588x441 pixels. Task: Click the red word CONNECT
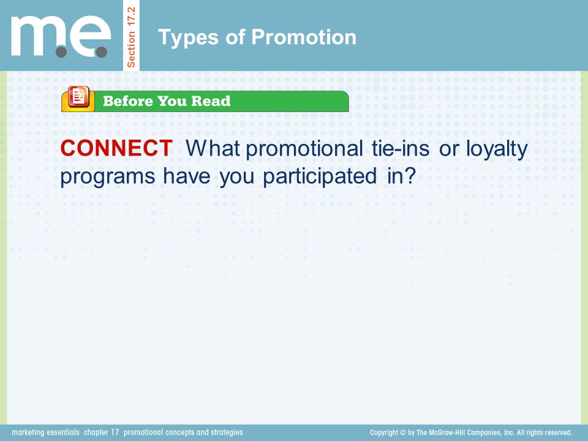coord(116,148)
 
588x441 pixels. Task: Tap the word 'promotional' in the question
coord(304,148)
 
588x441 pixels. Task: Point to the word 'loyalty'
coord(497,149)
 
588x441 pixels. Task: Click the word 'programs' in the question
coord(108,177)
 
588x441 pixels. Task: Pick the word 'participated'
coord(320,176)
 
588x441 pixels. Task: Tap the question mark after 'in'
coord(411,176)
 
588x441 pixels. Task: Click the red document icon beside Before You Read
coord(78,97)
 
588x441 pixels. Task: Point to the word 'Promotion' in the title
coord(304,37)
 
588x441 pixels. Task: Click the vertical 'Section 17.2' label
coord(131,37)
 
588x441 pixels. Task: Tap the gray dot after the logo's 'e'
coord(101,52)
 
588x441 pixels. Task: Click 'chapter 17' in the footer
coord(101,432)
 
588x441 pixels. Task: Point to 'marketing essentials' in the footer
coord(45,432)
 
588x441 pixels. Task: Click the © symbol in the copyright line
coord(403,433)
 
